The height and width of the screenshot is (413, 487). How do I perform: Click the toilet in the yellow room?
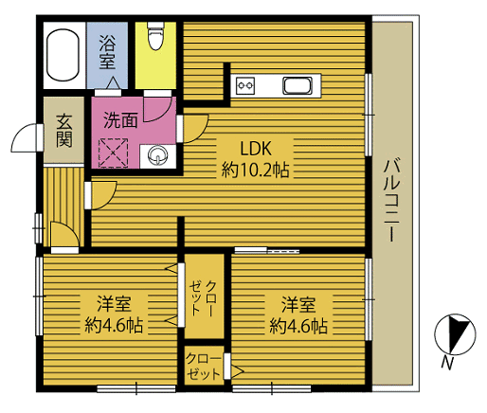(x=155, y=36)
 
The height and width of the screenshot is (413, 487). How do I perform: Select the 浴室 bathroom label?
(x=107, y=52)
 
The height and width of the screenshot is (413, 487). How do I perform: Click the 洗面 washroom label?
(x=120, y=120)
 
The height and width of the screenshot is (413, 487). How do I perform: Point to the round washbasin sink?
(x=157, y=155)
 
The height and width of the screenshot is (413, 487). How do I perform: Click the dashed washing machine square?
(x=113, y=153)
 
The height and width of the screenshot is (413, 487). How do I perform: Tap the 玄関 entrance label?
(x=64, y=131)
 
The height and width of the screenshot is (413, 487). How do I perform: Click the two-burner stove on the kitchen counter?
(x=245, y=85)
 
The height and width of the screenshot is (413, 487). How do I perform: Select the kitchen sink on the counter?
(x=298, y=85)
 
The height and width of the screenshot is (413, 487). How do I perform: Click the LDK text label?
(x=256, y=149)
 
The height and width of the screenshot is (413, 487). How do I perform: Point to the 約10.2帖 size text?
(x=255, y=171)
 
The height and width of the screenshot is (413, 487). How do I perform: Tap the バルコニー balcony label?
(x=392, y=201)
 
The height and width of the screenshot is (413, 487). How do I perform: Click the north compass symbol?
(x=455, y=334)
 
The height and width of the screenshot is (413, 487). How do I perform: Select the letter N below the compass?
(x=446, y=363)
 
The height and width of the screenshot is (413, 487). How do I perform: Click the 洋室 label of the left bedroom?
(x=114, y=304)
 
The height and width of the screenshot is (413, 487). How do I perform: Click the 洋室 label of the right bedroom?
(x=298, y=304)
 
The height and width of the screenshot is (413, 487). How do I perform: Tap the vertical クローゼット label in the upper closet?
(x=203, y=297)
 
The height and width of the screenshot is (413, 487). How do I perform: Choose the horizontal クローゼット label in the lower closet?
(x=203, y=367)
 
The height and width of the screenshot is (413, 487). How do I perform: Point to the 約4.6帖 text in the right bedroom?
(x=298, y=326)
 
